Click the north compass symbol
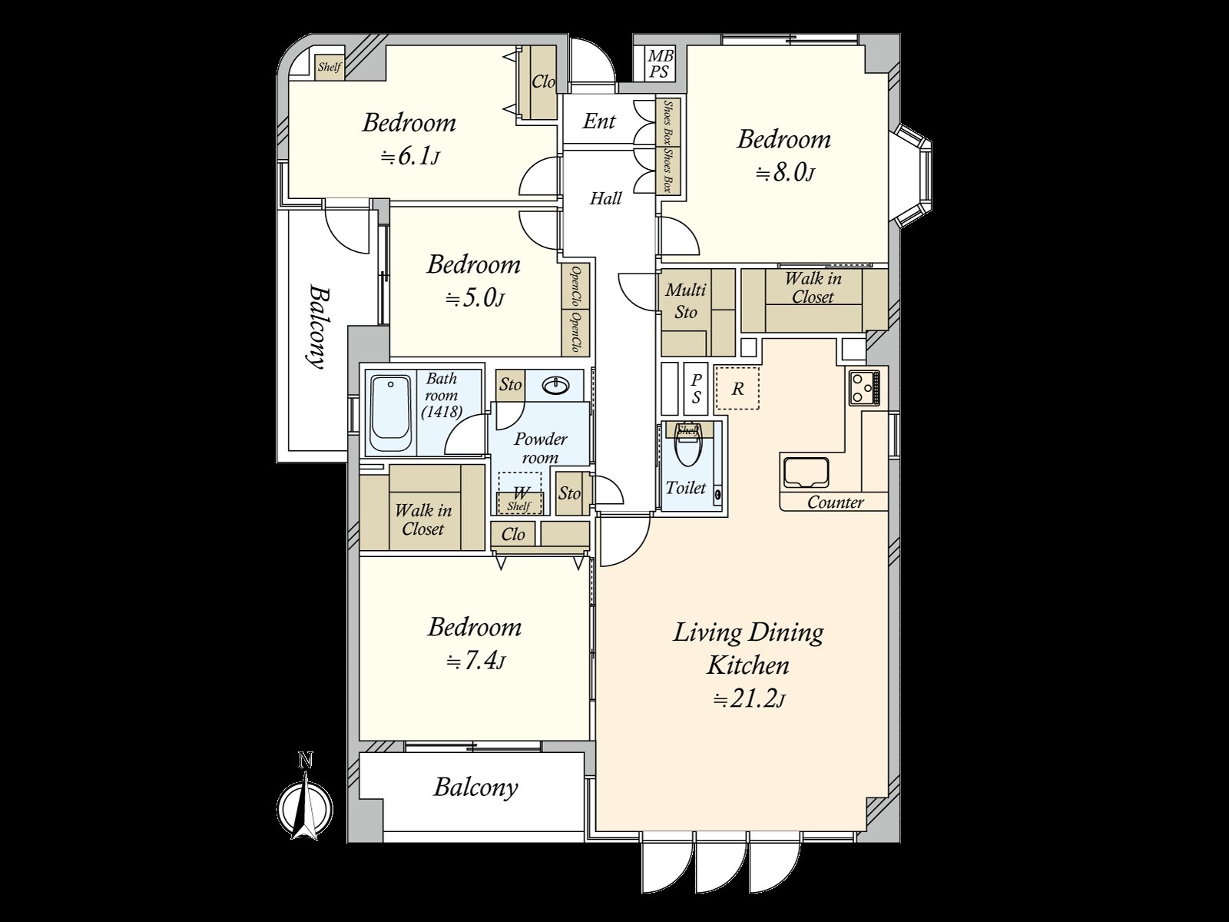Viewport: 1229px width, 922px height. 305,806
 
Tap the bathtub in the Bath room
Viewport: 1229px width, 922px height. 391,413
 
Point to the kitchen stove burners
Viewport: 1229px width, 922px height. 864,388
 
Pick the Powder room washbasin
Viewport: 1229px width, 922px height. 555,386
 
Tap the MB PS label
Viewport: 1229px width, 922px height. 660,64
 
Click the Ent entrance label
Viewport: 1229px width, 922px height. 598,121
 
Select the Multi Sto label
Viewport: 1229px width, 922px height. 685,300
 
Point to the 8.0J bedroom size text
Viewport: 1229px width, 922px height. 785,174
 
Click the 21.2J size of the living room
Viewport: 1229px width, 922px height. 749,700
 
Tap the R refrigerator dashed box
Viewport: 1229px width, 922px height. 737,389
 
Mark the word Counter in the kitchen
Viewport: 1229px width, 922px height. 836,502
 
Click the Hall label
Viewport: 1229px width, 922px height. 605,198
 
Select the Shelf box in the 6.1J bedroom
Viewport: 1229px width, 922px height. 330,67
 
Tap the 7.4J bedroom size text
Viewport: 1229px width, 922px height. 475,662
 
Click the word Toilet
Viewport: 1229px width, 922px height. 686,488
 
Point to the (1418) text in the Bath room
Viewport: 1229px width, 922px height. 442,412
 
